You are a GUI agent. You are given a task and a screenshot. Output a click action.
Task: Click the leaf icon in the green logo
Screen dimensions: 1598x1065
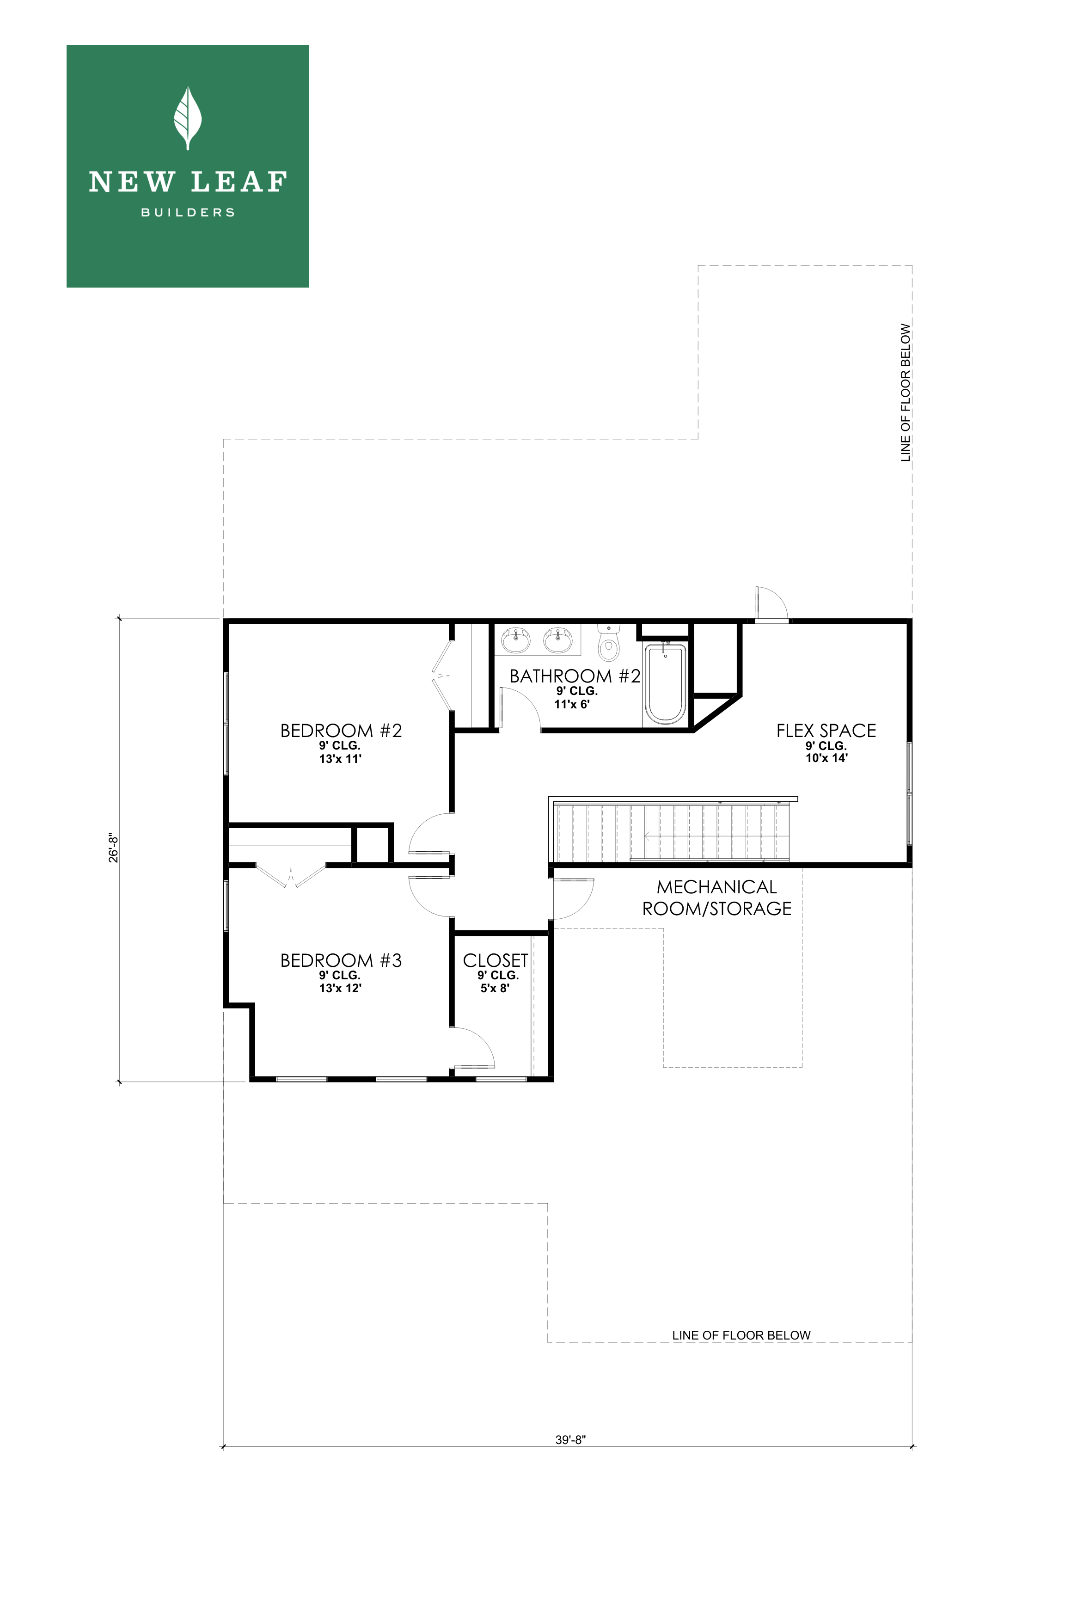click(x=188, y=118)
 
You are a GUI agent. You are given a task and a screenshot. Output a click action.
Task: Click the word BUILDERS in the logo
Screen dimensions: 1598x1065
click(x=188, y=213)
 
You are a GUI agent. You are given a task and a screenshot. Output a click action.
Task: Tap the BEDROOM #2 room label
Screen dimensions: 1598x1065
click(x=341, y=731)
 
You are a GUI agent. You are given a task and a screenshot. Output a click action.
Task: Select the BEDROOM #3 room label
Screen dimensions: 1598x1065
click(x=341, y=961)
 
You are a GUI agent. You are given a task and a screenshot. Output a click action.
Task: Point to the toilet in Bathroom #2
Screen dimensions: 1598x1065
click(x=609, y=644)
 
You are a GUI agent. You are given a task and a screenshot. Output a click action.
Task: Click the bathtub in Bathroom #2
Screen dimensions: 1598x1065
click(x=665, y=683)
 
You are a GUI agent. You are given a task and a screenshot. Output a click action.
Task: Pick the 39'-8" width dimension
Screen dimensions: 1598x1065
click(x=570, y=1439)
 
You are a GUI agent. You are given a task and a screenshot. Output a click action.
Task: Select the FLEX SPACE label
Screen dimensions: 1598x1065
click(x=826, y=731)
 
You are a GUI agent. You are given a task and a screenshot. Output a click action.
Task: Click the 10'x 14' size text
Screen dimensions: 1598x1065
click(x=826, y=758)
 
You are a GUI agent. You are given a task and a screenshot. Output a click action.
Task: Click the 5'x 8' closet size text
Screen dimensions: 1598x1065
click(x=495, y=989)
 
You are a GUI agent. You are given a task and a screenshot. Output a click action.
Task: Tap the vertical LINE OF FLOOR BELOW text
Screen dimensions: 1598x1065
click(x=906, y=393)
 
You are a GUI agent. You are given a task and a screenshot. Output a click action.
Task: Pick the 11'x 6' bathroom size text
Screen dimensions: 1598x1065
click(x=571, y=705)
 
